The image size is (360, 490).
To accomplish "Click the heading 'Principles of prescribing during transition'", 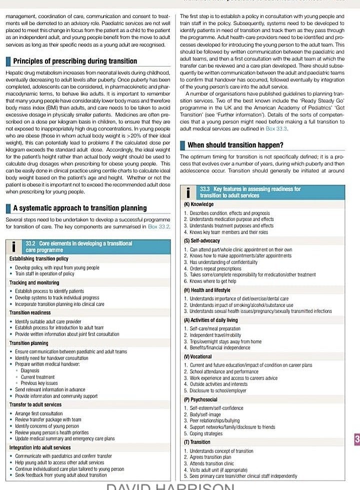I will pyautogui.click(x=75, y=61).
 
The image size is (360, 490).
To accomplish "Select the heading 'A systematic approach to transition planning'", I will pyautogui.click(x=79, y=208).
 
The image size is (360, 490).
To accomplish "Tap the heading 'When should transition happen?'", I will pyautogui.click(x=235, y=145).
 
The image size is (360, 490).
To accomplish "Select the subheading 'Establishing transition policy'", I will pyautogui.click(x=38, y=259).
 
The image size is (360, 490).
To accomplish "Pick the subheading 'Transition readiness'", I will pyautogui.click(x=29, y=312).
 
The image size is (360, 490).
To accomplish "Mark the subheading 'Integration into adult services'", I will pyautogui.click(x=40, y=447).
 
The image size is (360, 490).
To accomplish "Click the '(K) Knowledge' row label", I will pyautogui.click(x=198, y=204).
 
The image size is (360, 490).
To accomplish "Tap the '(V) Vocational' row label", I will pyautogui.click(x=198, y=357).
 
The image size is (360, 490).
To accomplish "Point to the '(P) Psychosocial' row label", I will pyautogui.click(x=200, y=400).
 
